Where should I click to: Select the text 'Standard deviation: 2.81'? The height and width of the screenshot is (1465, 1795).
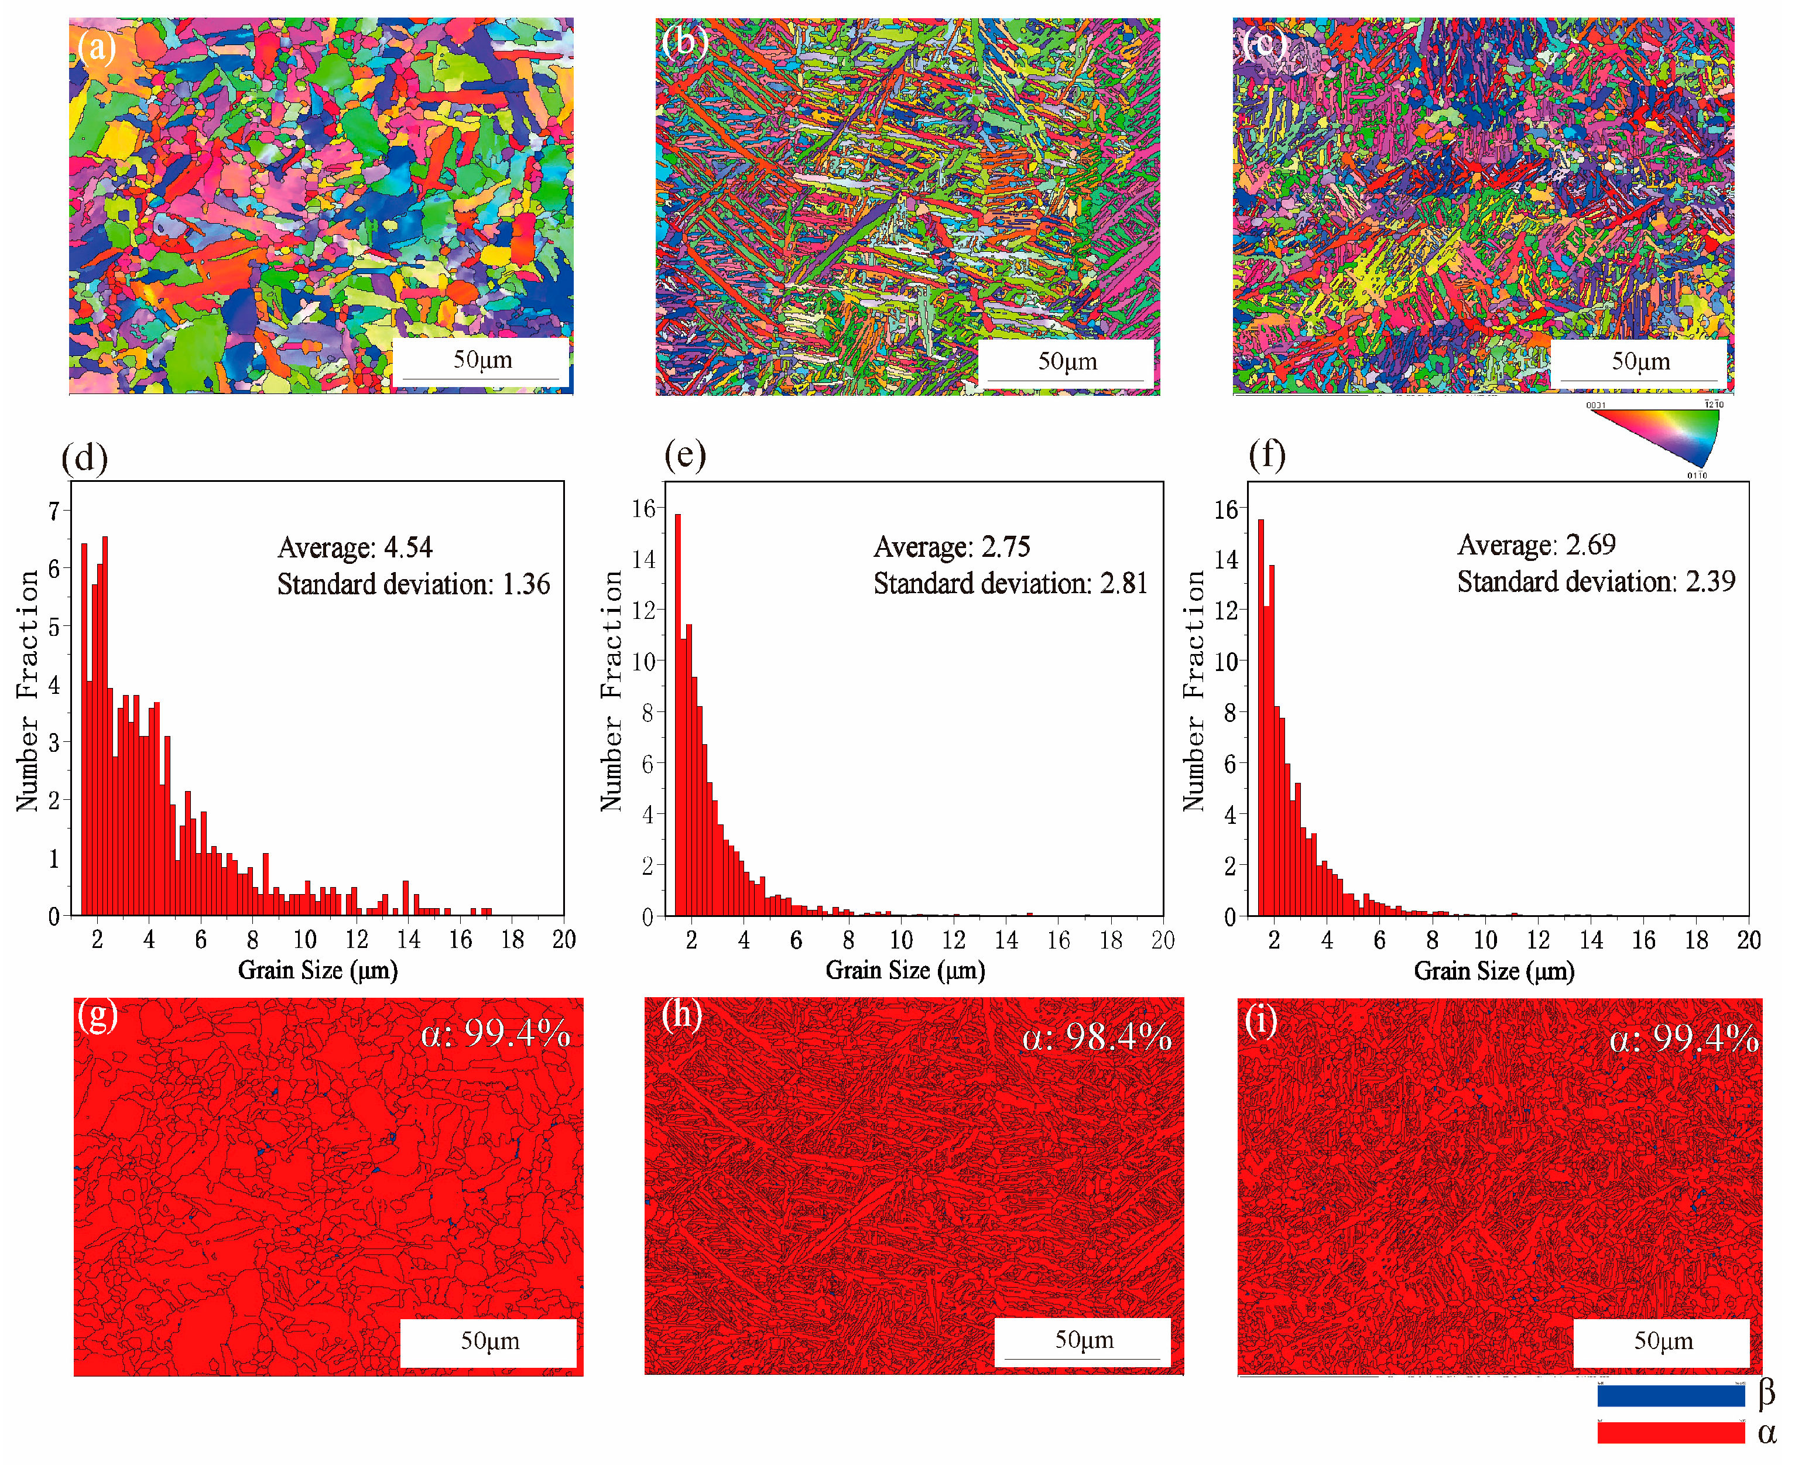click(x=1009, y=584)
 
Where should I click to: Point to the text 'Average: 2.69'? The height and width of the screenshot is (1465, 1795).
click(x=1536, y=545)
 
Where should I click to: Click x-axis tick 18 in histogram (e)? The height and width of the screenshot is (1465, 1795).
click(x=1111, y=940)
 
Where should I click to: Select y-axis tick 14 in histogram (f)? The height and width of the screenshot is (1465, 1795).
click(x=1225, y=560)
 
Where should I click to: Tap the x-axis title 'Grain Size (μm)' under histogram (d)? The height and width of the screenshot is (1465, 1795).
click(x=317, y=970)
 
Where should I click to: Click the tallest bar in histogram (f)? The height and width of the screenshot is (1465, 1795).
click(x=1261, y=717)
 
